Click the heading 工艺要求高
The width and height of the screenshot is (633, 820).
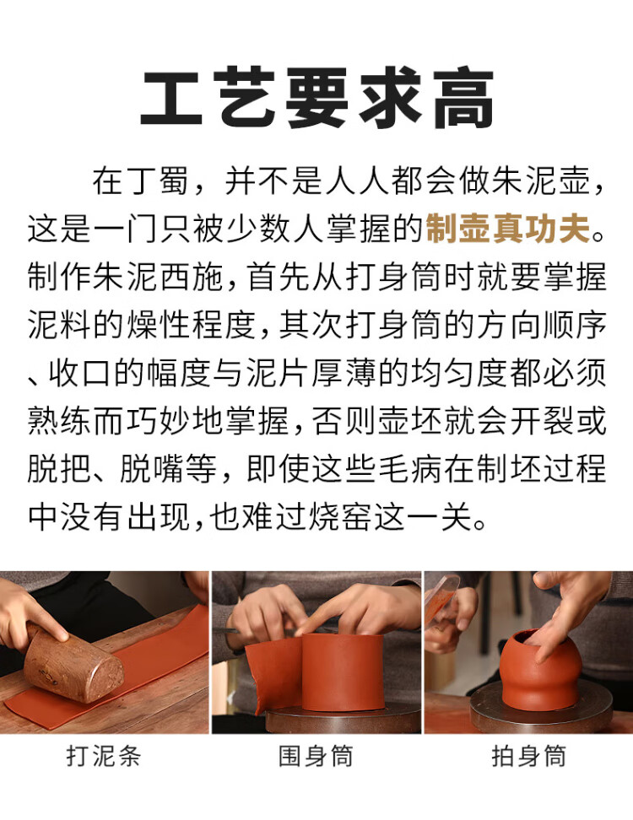tap(317, 98)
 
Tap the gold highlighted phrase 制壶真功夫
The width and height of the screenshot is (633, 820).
tap(508, 229)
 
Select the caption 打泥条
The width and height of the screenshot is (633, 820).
tap(104, 756)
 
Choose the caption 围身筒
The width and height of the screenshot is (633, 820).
tap(316, 756)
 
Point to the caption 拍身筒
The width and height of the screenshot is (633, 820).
tap(528, 756)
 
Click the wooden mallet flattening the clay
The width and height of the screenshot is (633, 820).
tap(73, 661)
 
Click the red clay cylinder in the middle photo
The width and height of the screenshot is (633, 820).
tap(343, 672)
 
